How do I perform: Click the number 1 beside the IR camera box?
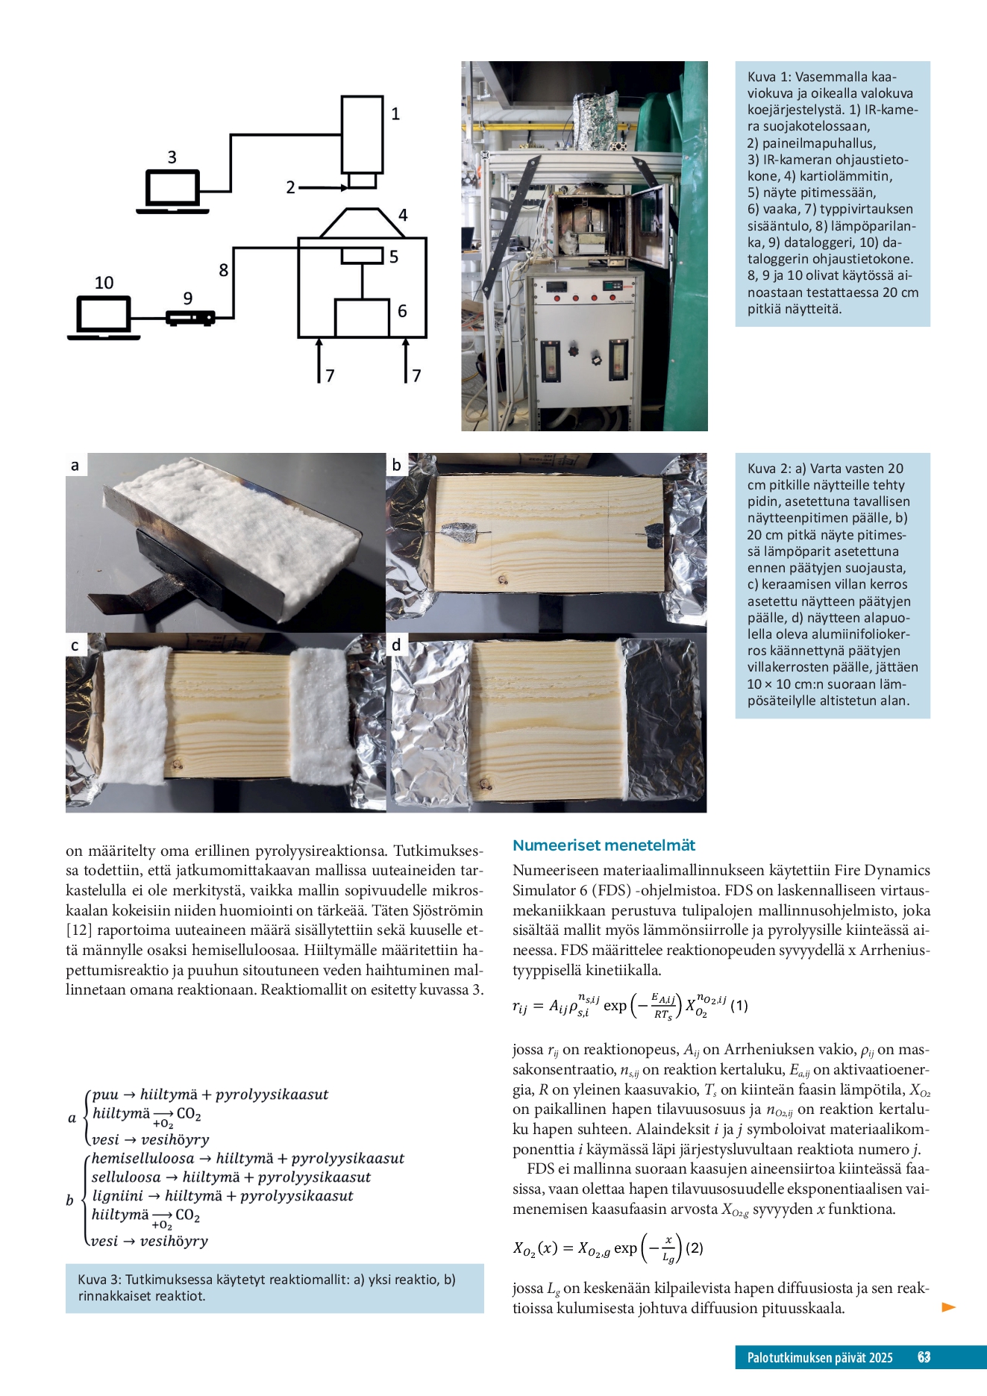395,114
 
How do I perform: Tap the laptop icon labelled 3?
172,192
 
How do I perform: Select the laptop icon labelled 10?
104,318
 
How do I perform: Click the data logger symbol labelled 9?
190,318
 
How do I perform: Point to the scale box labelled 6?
362,318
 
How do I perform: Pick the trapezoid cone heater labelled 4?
362,223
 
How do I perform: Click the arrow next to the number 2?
323,188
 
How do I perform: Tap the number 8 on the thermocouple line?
223,270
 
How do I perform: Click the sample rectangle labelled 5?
362,255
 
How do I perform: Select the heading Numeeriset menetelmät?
604,845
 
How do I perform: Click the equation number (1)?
739,1006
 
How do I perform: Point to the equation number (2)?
694,1248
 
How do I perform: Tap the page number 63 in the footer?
924,1357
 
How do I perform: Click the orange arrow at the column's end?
949,1307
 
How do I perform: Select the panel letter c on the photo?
75,645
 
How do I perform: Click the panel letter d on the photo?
396,645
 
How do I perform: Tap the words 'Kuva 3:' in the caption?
100,1280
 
